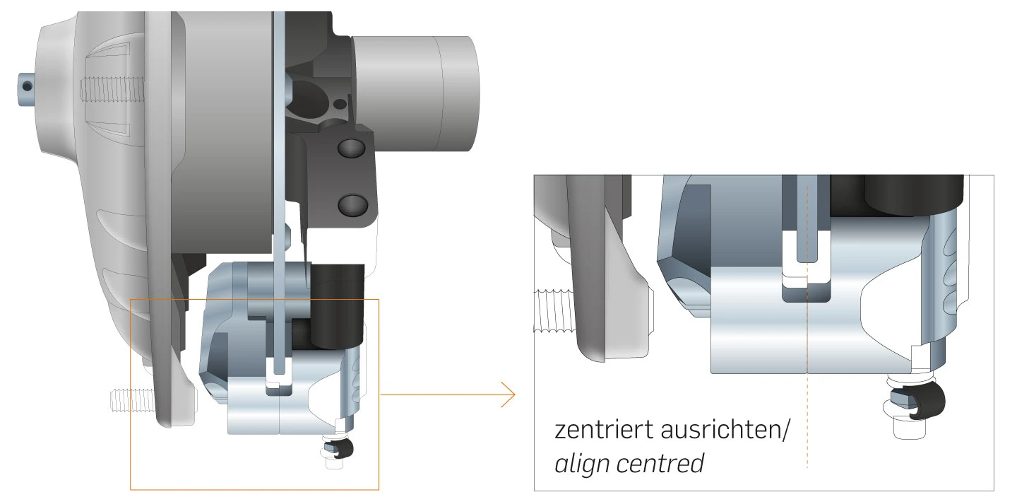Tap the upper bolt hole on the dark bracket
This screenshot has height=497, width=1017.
tap(351, 149)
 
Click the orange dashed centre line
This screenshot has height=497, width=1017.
tap(807, 396)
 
